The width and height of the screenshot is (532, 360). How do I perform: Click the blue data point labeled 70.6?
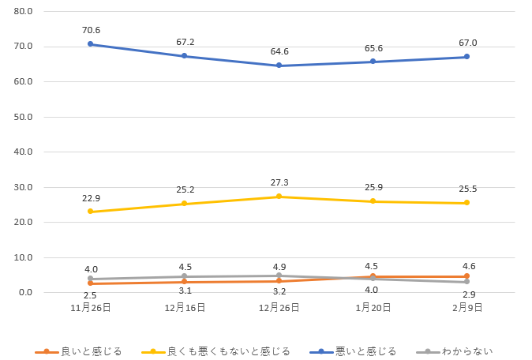pyautogui.click(x=90, y=44)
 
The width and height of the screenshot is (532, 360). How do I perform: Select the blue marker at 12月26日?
pyautogui.click(x=279, y=66)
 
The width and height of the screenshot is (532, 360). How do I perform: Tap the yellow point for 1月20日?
pyautogui.click(x=373, y=201)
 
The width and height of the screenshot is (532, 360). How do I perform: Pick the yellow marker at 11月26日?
pyautogui.click(x=90, y=212)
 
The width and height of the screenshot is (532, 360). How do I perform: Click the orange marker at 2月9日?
pyautogui.click(x=466, y=276)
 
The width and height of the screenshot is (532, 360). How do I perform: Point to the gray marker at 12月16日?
pyautogui.click(x=184, y=276)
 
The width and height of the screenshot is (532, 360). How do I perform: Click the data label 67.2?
pyautogui.click(x=185, y=42)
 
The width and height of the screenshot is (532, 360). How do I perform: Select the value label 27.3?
pyautogui.click(x=279, y=182)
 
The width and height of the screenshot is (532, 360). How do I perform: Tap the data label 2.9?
pyautogui.click(x=468, y=294)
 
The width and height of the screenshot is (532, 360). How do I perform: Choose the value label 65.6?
pyautogui.click(x=373, y=48)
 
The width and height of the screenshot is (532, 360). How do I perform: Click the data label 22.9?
pyautogui.click(x=92, y=198)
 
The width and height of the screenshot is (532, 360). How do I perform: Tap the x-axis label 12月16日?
pyautogui.click(x=185, y=307)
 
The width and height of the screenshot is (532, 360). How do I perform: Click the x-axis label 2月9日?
pyautogui.click(x=467, y=307)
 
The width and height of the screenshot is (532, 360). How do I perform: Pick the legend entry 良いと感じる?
pyautogui.click(x=91, y=351)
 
